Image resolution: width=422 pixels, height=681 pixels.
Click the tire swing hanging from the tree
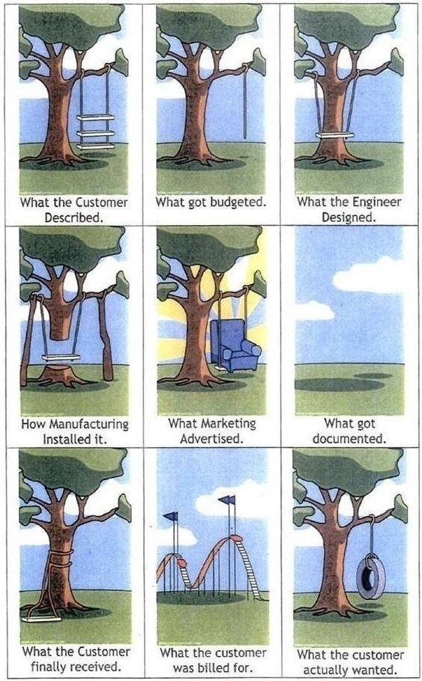(x=371, y=578)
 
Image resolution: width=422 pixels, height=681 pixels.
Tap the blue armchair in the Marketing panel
(x=235, y=345)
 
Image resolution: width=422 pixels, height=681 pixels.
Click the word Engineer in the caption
(x=377, y=202)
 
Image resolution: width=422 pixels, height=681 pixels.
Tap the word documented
(x=349, y=439)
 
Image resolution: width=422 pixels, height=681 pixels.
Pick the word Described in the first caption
(x=73, y=217)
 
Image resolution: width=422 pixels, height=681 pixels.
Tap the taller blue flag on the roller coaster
(x=228, y=500)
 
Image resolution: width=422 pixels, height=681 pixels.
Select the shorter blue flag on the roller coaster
(x=171, y=516)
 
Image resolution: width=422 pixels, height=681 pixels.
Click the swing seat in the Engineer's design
(x=335, y=136)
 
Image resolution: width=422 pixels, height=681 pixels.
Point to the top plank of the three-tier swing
(x=95, y=117)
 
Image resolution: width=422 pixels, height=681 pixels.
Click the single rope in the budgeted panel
(x=246, y=101)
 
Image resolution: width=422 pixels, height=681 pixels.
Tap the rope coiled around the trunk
(x=61, y=561)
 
